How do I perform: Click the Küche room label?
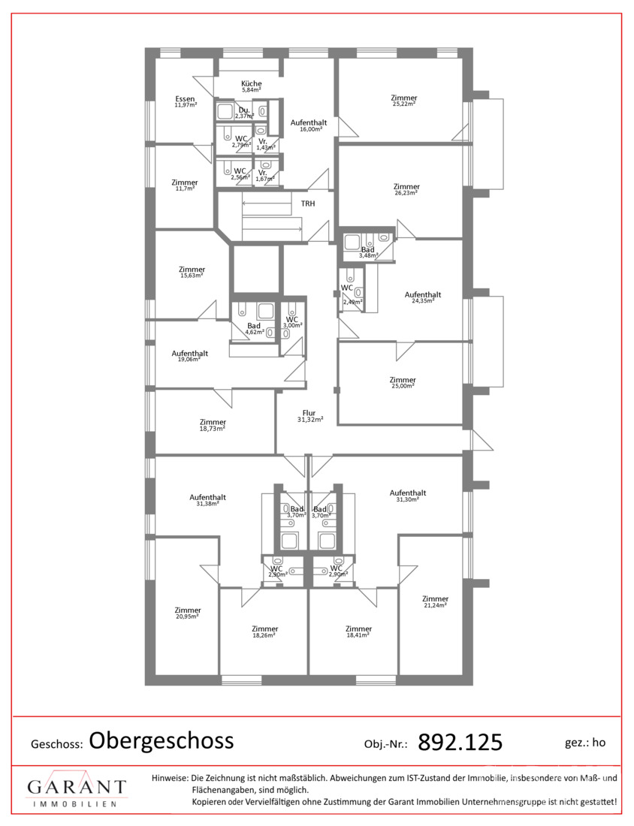pos(252,83)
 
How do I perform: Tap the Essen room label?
pos(185,98)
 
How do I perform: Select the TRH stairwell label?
pos(308,203)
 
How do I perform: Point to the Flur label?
pos(309,413)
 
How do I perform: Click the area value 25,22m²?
pos(403,104)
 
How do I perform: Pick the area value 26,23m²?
pos(406,193)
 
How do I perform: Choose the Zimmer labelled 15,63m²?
pos(192,269)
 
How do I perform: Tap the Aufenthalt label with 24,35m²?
pos(423,294)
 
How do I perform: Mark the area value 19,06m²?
pos(189,359)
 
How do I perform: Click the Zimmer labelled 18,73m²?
pos(213,422)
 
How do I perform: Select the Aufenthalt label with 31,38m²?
pos(207,497)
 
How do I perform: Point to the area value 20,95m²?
pos(187,616)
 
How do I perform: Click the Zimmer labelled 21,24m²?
pos(436,598)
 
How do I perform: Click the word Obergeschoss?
pos(162,741)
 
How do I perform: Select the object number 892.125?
pos(460,742)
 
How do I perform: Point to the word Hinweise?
pos(170,777)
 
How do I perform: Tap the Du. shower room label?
pos(244,110)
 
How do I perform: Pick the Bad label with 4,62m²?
pos(253,326)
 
